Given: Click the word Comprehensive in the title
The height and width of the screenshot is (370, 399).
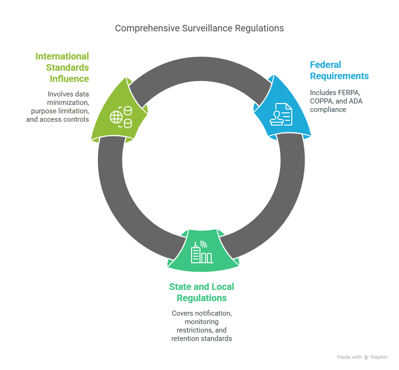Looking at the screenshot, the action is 148,29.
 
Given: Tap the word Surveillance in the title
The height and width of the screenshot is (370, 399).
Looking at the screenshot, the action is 207,28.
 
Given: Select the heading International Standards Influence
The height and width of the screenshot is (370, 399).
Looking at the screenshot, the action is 62,67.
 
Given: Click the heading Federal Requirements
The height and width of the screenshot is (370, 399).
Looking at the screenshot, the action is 339,70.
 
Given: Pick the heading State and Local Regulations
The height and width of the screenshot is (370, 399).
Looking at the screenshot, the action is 201,292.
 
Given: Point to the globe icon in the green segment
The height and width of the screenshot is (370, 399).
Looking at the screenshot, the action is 116,117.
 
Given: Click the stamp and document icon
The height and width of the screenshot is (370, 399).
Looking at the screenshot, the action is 281,114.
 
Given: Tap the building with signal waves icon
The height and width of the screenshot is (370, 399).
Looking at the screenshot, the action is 202,252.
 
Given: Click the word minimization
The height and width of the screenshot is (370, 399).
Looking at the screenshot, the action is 68,103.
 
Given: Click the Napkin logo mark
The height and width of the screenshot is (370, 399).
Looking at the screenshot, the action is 366,357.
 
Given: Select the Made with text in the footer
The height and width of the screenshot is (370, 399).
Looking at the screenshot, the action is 349,357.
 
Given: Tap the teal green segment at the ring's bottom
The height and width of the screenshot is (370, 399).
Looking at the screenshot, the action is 203,251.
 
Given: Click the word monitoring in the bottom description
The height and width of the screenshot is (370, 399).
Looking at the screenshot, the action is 201,322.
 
